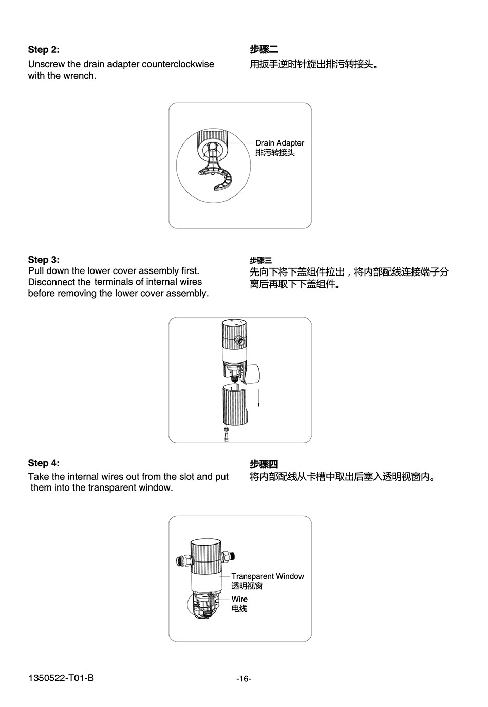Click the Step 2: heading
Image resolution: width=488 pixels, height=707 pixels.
[44, 49]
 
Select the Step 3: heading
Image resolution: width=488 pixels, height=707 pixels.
[44, 260]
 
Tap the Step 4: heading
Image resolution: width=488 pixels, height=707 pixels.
[44, 463]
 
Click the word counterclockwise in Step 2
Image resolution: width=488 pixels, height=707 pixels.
[178, 64]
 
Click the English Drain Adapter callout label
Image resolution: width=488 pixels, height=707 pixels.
[279, 143]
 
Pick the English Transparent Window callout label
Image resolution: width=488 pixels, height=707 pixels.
[268, 576]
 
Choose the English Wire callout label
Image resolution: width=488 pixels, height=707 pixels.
[239, 599]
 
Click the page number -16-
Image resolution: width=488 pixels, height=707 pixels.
[243, 679]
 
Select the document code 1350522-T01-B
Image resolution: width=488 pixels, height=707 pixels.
[61, 678]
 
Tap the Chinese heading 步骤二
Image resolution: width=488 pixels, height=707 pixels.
[264, 49]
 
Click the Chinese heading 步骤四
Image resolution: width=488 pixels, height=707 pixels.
[264, 464]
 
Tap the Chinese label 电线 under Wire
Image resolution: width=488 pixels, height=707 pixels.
[239, 608]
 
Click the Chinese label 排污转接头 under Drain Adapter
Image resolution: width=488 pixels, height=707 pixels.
[275, 153]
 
